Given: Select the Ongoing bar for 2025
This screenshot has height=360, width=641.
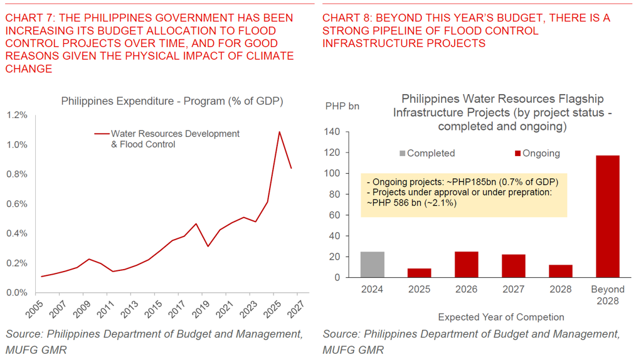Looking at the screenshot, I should (x=420, y=273).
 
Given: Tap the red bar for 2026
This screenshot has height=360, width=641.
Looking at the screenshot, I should (x=467, y=264).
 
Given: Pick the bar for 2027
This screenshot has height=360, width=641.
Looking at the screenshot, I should (x=514, y=265).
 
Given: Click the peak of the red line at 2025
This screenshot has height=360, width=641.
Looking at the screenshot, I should (x=279, y=132).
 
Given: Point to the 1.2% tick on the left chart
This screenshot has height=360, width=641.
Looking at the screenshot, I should (x=17, y=115).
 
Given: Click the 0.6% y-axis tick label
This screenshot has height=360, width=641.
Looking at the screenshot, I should (x=17, y=204).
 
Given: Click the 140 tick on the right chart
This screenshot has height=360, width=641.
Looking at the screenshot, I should (x=332, y=132).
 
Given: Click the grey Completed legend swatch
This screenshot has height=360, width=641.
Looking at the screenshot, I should (x=402, y=154).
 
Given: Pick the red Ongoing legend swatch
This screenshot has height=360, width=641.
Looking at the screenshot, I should (x=517, y=154).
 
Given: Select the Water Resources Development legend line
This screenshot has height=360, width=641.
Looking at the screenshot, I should (x=102, y=134).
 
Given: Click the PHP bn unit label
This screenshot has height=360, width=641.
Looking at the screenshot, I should (x=342, y=106).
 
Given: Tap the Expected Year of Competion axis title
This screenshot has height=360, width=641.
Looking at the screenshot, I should (x=501, y=317).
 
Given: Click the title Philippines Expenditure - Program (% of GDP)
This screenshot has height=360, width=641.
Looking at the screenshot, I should (x=172, y=101).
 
